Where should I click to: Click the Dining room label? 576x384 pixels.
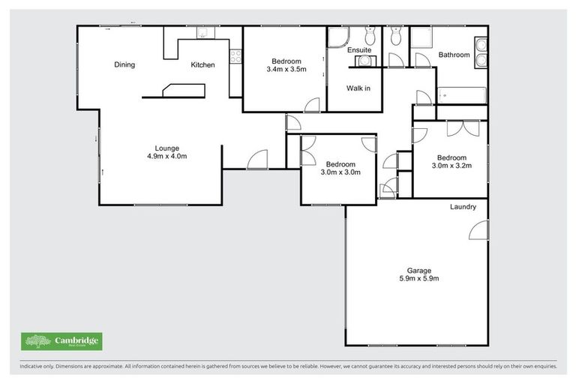tap(124, 64)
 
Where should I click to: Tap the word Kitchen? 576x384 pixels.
tap(202, 64)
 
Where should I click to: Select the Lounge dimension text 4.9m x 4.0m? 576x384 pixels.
tap(166, 157)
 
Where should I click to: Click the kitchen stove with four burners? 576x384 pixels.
tap(235, 54)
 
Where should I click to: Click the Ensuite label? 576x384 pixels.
tap(361, 50)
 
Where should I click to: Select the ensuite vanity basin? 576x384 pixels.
tap(364, 61)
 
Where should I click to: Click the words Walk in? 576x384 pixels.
tap(358, 88)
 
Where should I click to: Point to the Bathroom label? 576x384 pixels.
tap(454, 55)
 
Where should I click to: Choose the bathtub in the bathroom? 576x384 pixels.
tap(461, 95)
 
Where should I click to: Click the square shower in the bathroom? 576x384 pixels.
tap(421, 38)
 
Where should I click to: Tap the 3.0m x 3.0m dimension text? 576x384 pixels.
tap(340, 172)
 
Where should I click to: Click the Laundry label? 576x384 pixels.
tap(463, 206)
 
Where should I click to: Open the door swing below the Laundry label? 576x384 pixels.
tap(477, 231)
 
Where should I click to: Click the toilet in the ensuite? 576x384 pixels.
tap(370, 35)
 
